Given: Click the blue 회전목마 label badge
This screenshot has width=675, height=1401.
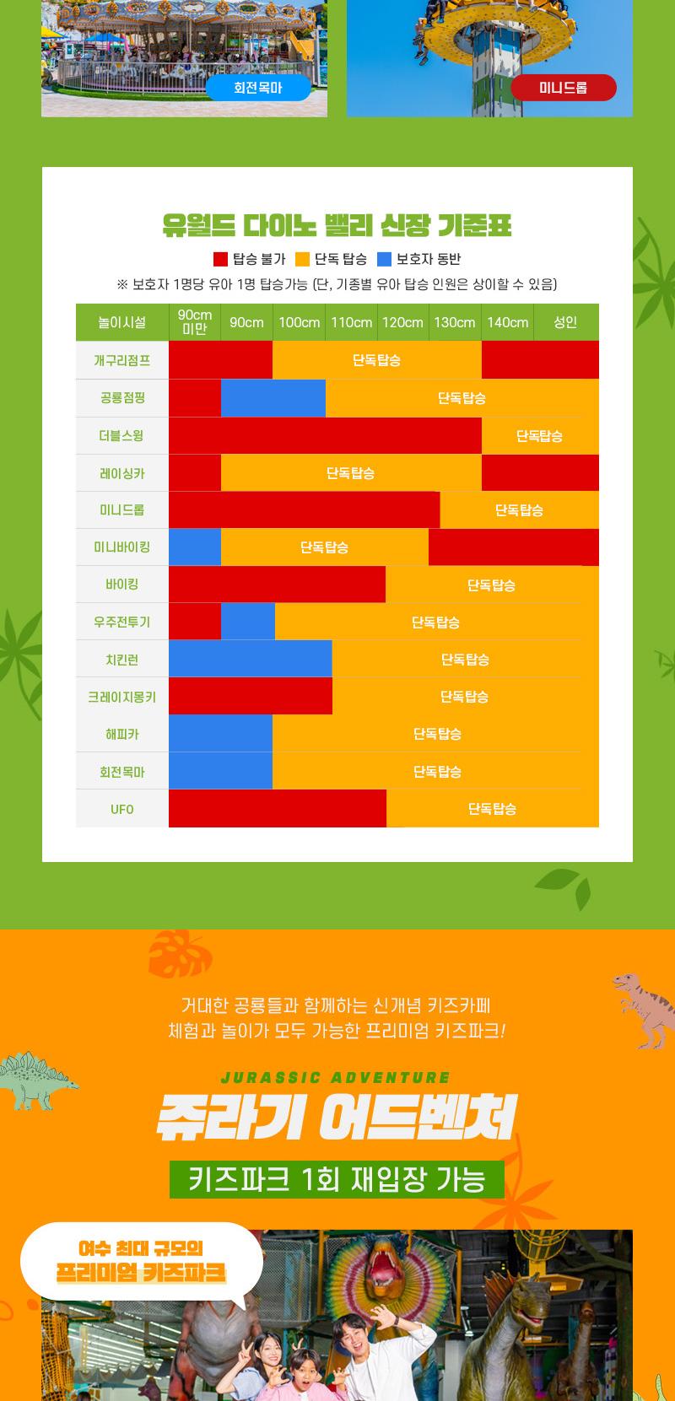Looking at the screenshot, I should tap(258, 88).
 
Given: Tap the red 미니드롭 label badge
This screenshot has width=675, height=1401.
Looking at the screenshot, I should tap(563, 88).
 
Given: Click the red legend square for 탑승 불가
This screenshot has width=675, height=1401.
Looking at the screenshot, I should tap(220, 259).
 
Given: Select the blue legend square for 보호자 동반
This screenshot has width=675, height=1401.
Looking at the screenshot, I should tap(384, 259).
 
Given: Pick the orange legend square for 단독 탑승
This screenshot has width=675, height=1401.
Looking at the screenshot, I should tap(302, 259).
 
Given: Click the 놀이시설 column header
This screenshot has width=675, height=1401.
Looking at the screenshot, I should tap(122, 322).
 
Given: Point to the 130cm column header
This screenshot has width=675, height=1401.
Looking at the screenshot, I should tap(455, 322).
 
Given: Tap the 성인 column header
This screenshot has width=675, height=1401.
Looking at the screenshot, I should tap(565, 322).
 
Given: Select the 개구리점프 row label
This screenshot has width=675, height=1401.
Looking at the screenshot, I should tap(122, 360).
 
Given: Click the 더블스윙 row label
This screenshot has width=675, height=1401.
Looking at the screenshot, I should tap(122, 435).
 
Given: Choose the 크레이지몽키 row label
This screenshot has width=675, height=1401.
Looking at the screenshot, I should tap(122, 697).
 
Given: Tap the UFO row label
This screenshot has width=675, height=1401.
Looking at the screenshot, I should tap(122, 809).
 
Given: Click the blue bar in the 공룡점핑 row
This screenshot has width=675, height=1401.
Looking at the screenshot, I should tap(273, 398).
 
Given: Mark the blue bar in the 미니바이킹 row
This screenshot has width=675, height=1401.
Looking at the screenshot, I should tap(195, 547).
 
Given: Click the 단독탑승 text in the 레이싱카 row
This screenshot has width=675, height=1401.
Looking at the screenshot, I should tap(350, 473).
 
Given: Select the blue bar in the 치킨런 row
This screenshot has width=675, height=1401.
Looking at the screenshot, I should tap(250, 659).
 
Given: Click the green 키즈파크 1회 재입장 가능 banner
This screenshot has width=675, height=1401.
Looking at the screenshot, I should tap(337, 1178).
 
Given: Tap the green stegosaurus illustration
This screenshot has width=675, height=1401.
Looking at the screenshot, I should tap(38, 1080).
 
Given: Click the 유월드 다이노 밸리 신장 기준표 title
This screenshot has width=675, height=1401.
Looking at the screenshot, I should tap(337, 226).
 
